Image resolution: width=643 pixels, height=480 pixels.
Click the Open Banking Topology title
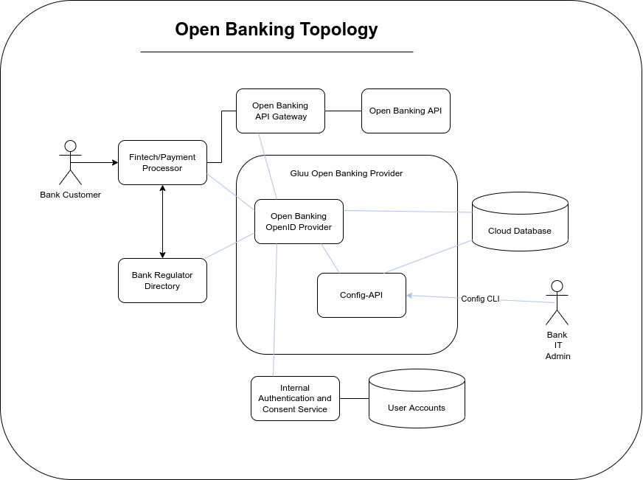pyautogui.click(x=276, y=29)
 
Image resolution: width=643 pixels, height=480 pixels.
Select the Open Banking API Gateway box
pyautogui.click(x=280, y=111)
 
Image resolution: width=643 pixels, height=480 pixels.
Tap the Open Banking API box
pyautogui.click(x=406, y=111)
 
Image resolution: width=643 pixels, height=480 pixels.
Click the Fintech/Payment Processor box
pyautogui.click(x=162, y=163)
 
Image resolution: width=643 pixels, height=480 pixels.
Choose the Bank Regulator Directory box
pyautogui.click(x=162, y=280)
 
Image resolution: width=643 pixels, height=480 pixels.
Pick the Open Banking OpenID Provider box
pyautogui.click(x=299, y=221)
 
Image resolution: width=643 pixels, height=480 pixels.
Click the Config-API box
pyautogui.click(x=361, y=295)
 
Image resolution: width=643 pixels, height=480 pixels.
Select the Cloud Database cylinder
pyautogui.click(x=519, y=230)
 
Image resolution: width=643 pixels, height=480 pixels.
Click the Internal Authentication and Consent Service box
pyautogui.click(x=295, y=398)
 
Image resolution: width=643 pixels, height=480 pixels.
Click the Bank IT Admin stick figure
pyautogui.click(x=557, y=302)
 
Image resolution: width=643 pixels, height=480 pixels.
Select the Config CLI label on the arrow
pyautogui.click(x=480, y=299)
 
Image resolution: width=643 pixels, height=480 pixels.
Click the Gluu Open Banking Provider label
pyautogui.click(x=347, y=173)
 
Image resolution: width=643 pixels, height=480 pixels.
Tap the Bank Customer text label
pyautogui.click(x=70, y=195)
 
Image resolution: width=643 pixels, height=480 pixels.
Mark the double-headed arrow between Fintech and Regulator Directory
pyautogui.click(x=162, y=221)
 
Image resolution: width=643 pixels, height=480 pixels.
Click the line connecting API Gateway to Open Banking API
pyautogui.click(x=343, y=111)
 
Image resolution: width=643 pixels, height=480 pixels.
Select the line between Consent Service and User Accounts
pyautogui.click(x=354, y=398)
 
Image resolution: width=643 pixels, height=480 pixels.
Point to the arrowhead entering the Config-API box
pyautogui.click(x=410, y=296)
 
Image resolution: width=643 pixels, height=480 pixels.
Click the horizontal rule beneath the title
pyautogui.click(x=277, y=52)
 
